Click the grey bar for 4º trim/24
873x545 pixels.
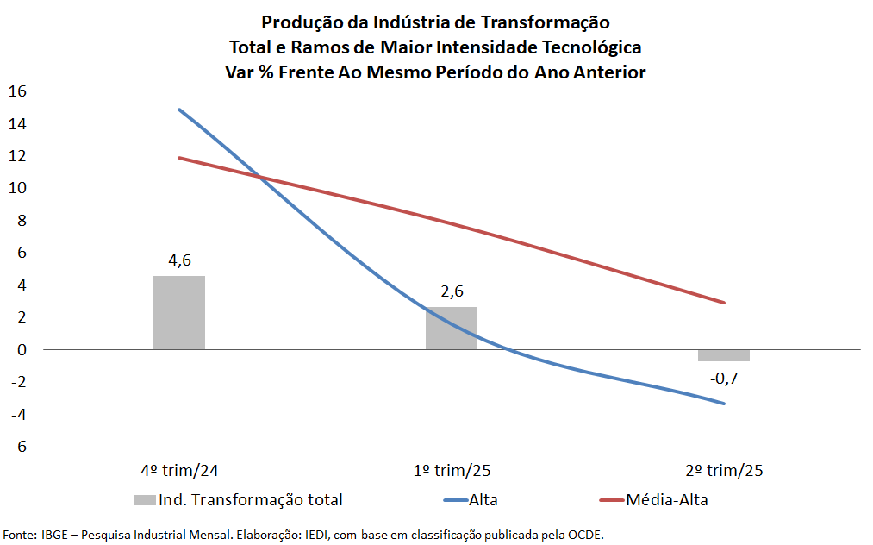(x=179, y=312)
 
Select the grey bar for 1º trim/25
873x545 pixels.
(x=452, y=328)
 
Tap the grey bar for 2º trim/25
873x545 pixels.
(x=724, y=355)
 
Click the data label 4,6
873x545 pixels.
(x=179, y=261)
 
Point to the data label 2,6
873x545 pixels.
(x=452, y=292)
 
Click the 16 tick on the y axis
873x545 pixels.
(x=18, y=91)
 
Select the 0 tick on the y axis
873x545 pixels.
(x=22, y=350)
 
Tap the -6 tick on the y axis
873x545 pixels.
(x=18, y=447)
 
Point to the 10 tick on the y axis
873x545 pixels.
(x=18, y=188)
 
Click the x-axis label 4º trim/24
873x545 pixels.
(x=179, y=471)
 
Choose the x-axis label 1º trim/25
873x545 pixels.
(x=452, y=471)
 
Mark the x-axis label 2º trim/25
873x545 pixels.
(x=724, y=471)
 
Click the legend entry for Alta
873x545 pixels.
(x=483, y=499)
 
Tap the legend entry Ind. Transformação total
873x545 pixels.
(x=250, y=499)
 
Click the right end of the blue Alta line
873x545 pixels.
(x=724, y=403)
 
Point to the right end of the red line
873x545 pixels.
(x=724, y=303)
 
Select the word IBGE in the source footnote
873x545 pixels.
(x=53, y=535)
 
